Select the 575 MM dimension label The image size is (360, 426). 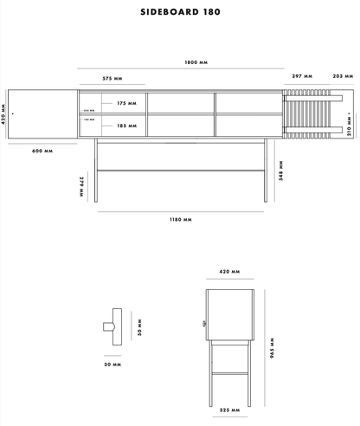112,78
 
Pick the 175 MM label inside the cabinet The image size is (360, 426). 126,103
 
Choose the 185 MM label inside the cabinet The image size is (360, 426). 126,126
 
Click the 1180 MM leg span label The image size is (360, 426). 180,220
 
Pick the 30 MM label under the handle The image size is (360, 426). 112,365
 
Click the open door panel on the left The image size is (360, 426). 43,113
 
